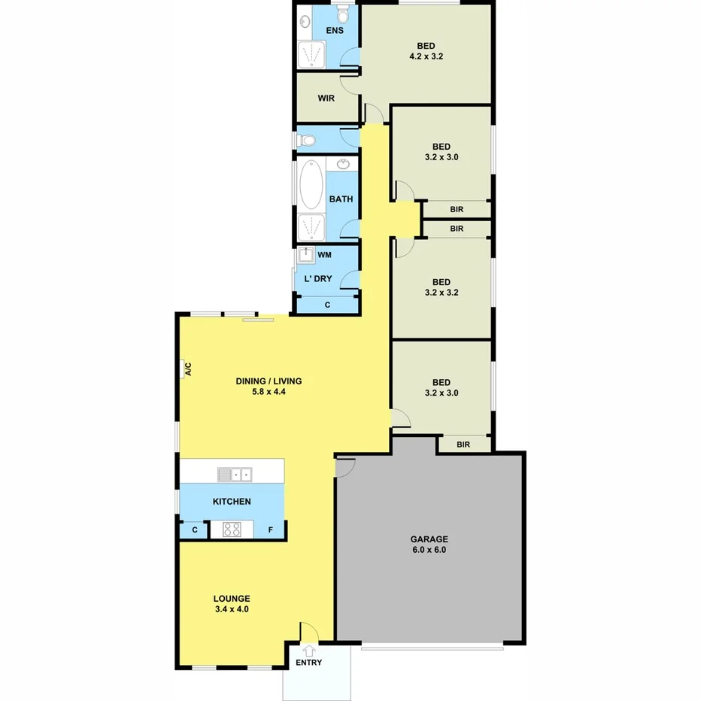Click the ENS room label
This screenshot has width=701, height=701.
tap(334, 31)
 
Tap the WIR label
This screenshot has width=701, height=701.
tap(326, 98)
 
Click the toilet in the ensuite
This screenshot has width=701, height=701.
tap(343, 14)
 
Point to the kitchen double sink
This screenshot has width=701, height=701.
tap(235, 474)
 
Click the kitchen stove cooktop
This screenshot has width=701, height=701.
tap(232, 530)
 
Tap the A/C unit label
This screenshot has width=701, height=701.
tap(188, 369)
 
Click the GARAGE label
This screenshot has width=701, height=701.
tap(429, 539)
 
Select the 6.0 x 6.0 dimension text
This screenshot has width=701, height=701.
tap(429, 549)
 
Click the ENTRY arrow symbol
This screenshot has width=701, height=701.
tap(308, 650)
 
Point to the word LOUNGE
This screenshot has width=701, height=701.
tap(231, 599)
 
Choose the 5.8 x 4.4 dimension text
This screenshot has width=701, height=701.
tap(269, 391)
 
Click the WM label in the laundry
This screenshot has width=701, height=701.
tap(324, 255)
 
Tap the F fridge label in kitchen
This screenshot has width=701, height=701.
tap(271, 530)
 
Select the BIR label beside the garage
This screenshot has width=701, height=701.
tap(463, 445)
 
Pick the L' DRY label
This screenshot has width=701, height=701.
tap(317, 279)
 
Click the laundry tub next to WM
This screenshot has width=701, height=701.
tap(306, 255)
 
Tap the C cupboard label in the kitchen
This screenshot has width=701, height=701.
tap(195, 530)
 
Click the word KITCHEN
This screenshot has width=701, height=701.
tap(232, 501)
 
